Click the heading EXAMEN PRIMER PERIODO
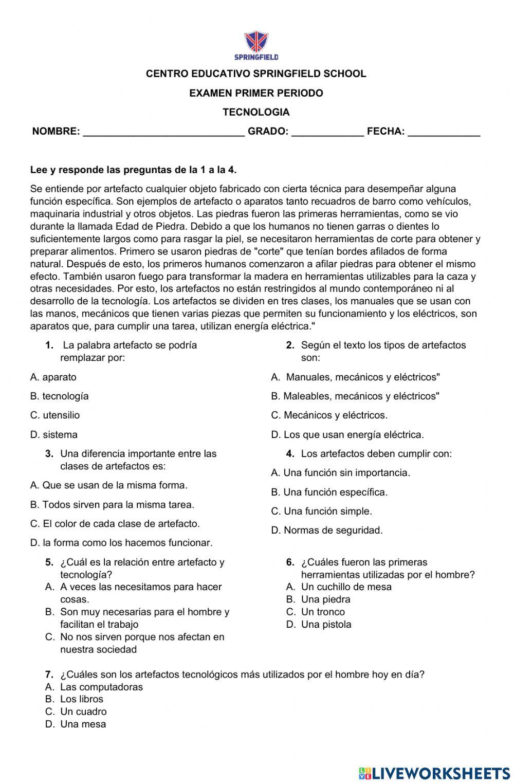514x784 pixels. tap(256, 93)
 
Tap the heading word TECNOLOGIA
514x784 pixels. tap(256, 112)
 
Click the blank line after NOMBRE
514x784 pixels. tap(163, 133)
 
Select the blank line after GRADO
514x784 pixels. tap(327, 133)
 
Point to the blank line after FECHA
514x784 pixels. tap(444, 133)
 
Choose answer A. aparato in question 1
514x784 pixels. tap(53, 377)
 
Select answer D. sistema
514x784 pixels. tap(54, 434)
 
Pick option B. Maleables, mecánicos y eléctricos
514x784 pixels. tap(355, 396)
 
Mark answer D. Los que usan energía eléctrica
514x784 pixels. tap(347, 434)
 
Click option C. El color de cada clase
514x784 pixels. tap(115, 523)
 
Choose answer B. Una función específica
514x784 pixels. tap(329, 492)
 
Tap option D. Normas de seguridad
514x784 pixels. tap(327, 530)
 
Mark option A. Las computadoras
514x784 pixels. tap(95, 687)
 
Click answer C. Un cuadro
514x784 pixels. tap(76, 712)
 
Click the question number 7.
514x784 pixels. tap(49, 674)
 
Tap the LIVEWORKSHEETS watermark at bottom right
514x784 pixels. tap(434, 773)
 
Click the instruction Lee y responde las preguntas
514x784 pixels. tap(134, 170)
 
